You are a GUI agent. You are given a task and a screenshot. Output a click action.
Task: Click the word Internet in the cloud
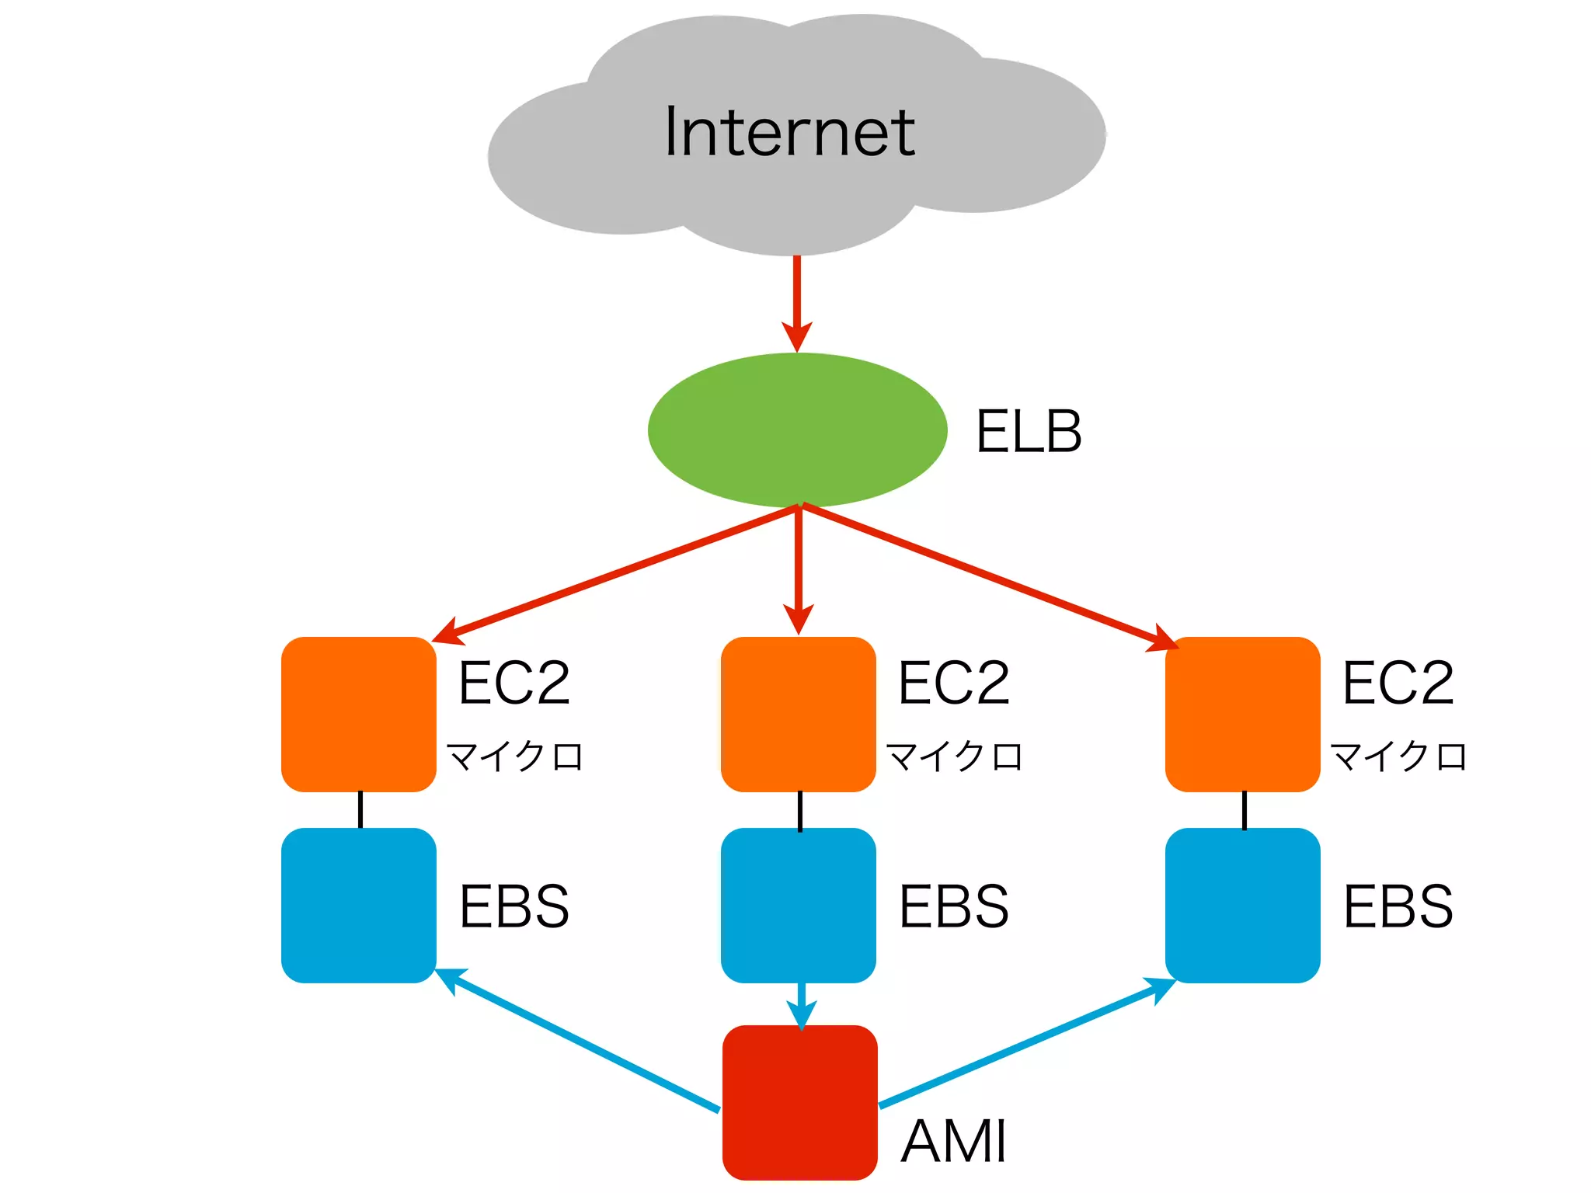789,132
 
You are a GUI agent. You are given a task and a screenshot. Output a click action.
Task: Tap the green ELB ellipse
797,430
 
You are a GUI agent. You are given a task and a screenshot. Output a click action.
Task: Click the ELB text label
1028,432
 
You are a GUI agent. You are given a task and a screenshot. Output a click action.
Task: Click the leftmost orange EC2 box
358,714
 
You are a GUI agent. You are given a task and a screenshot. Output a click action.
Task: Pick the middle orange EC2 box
798,714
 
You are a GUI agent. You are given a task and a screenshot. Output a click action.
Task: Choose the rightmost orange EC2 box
1242,714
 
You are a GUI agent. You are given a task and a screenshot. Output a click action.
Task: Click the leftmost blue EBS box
358,905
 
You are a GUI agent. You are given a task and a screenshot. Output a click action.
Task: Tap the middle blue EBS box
798,905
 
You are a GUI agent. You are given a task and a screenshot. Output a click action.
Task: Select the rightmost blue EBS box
1242,905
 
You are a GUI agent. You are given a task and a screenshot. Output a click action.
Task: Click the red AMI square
799,1102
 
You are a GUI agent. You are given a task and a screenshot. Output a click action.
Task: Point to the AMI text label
954,1141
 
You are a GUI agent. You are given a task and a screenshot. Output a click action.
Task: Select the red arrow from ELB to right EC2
987,574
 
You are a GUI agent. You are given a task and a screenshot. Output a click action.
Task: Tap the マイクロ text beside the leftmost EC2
514,756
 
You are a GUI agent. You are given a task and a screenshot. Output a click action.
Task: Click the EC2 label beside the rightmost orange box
1398,683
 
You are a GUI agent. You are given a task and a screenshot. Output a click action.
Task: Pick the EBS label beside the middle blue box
954,906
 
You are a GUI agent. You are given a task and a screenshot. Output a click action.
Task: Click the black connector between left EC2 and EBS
360,809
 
